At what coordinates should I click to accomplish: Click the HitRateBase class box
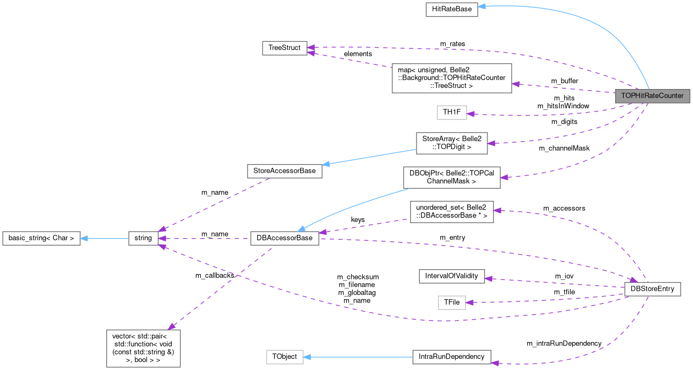click(x=451, y=10)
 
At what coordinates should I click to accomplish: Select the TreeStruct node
click(x=285, y=48)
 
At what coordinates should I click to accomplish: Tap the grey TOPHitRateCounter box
click(x=652, y=96)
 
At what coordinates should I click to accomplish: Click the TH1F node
click(x=451, y=113)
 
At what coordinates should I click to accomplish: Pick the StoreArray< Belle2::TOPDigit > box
click(x=451, y=143)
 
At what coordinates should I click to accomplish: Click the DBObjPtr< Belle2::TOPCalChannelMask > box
click(x=451, y=177)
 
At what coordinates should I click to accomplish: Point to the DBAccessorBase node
click(x=285, y=238)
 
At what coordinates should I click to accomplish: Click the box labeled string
click(x=143, y=238)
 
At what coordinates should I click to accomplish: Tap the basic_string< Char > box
click(x=41, y=238)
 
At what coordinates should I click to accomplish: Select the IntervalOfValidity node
click(x=451, y=276)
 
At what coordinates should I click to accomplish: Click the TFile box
click(x=451, y=302)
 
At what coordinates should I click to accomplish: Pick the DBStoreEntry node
click(x=653, y=289)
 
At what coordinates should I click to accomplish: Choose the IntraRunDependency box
click(x=451, y=357)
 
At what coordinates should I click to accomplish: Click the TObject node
click(x=285, y=357)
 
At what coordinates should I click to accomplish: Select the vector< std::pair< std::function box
click(x=143, y=348)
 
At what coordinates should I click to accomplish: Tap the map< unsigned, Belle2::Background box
click(x=451, y=78)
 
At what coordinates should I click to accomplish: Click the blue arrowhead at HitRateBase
click(x=482, y=7)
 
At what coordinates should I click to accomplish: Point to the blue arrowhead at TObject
click(x=308, y=357)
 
